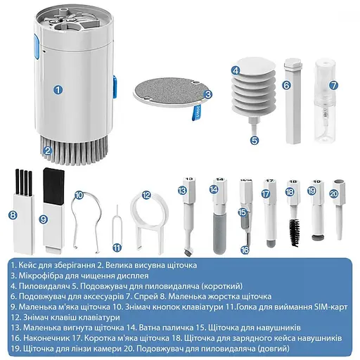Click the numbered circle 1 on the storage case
57,89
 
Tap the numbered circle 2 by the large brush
47,149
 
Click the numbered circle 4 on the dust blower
236,70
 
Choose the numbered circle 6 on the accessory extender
286,86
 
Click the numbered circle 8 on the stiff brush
13,215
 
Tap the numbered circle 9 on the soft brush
44,219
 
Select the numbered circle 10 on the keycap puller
79,195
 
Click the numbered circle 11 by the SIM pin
117,247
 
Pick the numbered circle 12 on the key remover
146,195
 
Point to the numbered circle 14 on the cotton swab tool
214,190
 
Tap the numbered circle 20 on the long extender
333,193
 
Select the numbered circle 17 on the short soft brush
266,193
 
